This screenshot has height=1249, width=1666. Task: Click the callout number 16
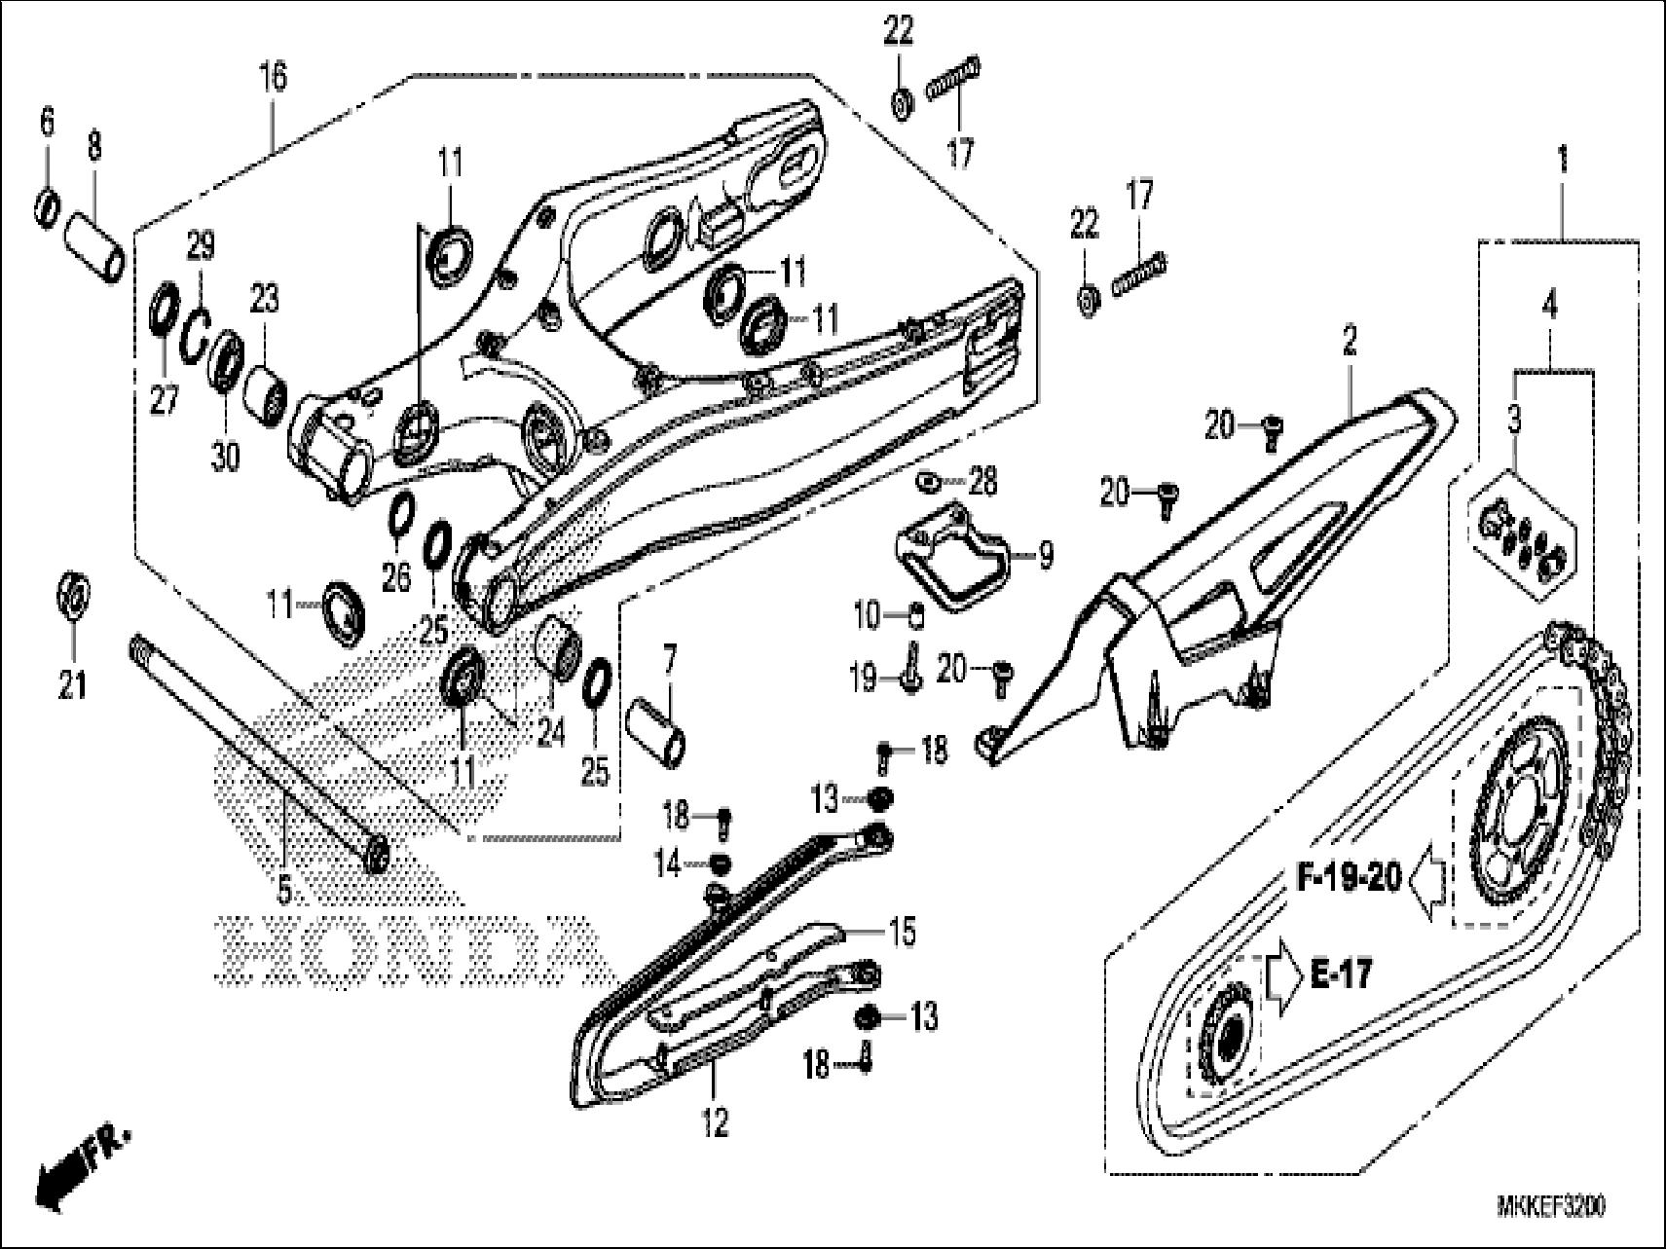coord(274,76)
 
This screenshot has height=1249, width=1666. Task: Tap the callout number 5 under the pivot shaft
coord(284,888)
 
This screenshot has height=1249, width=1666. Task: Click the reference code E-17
coord(1340,973)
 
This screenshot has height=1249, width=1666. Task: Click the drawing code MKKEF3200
coord(1551,1207)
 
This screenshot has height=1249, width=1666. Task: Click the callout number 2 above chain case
coord(1350,341)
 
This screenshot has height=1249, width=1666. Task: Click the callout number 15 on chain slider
coord(902,932)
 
